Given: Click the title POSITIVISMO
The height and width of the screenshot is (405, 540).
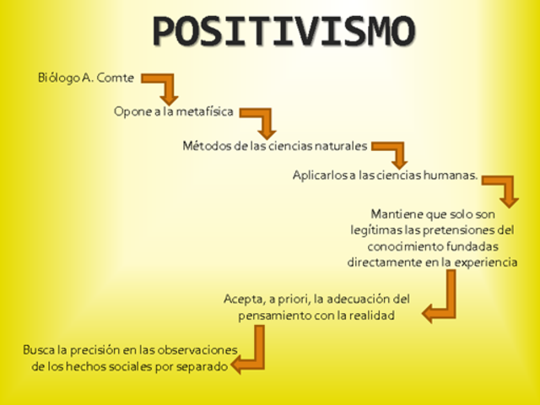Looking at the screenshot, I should pos(284,32).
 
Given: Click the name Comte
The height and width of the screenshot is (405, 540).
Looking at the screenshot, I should pos(116,78).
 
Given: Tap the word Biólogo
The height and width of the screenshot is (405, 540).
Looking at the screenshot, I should pos(57,78).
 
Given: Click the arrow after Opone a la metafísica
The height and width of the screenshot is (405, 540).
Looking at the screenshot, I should pos(260,120).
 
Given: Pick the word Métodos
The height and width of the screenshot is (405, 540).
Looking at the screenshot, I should pos(207,145).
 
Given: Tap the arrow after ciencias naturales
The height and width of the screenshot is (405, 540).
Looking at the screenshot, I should pos(391,153).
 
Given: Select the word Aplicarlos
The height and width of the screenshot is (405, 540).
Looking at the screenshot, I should pos(319,175).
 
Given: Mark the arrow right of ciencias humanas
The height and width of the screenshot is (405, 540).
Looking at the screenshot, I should pos(502,190).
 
